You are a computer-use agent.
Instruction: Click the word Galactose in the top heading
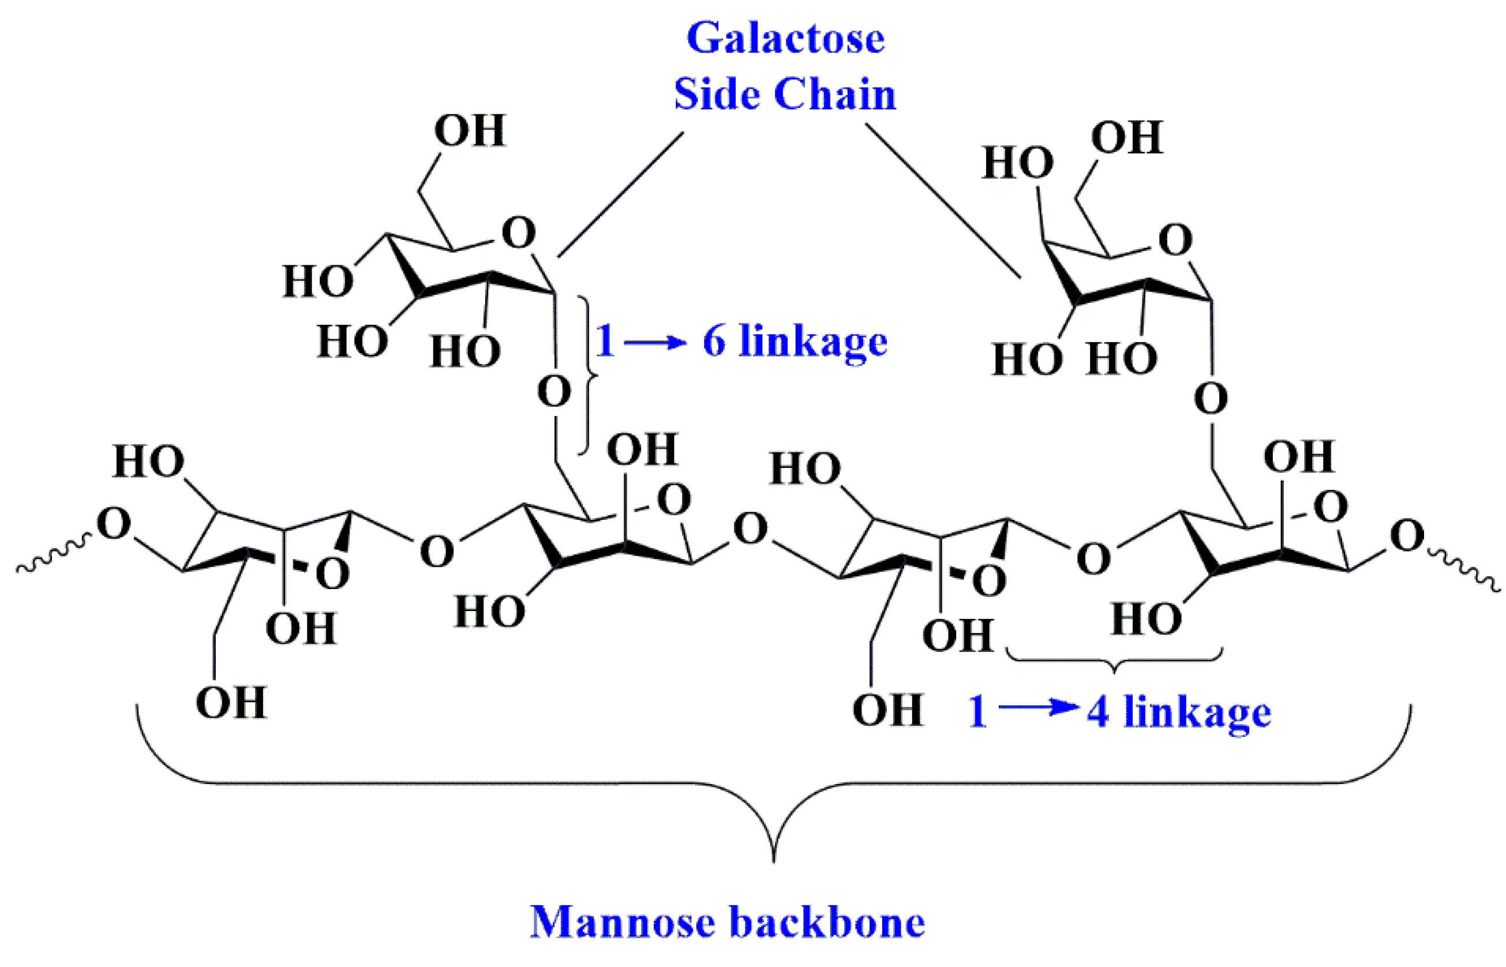pyautogui.click(x=785, y=39)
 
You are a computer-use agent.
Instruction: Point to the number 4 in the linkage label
pyautogui.click(x=1098, y=712)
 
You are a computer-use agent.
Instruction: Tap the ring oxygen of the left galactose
pyautogui.click(x=519, y=234)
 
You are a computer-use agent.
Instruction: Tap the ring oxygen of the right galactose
pyautogui.click(x=1175, y=241)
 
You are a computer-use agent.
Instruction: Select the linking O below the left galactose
pyautogui.click(x=554, y=392)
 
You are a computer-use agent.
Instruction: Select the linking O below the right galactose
pyautogui.click(x=1211, y=399)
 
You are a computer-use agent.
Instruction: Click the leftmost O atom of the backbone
pyautogui.click(x=114, y=524)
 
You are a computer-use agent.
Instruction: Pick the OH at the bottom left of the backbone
pyautogui.click(x=231, y=703)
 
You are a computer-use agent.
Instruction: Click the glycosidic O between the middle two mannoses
pyautogui.click(x=750, y=529)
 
